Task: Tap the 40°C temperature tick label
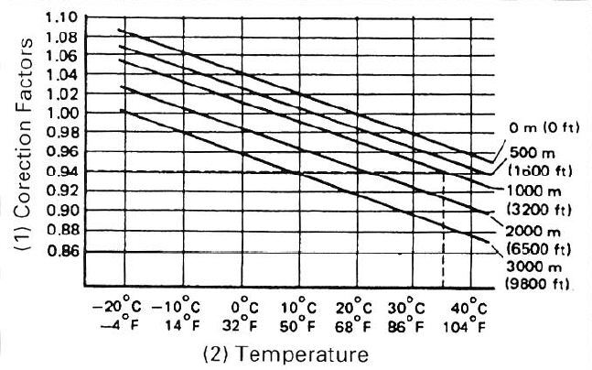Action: tap(469, 305)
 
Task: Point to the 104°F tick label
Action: tap(469, 323)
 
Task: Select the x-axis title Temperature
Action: tap(296, 352)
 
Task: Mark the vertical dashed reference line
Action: tap(443, 238)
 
